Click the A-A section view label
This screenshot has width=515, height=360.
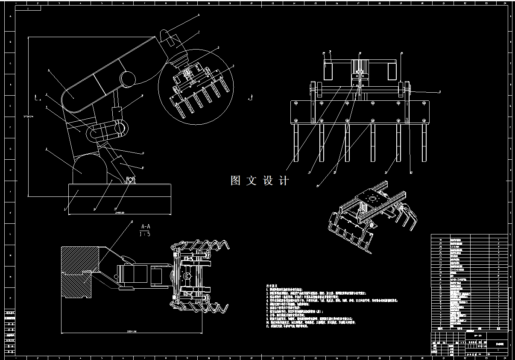(x=145, y=226)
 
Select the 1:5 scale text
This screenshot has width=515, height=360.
(x=145, y=234)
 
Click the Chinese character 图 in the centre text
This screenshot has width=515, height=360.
(x=236, y=181)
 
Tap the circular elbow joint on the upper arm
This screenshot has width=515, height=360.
(x=127, y=78)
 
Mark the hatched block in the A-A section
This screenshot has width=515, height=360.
(x=79, y=273)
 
